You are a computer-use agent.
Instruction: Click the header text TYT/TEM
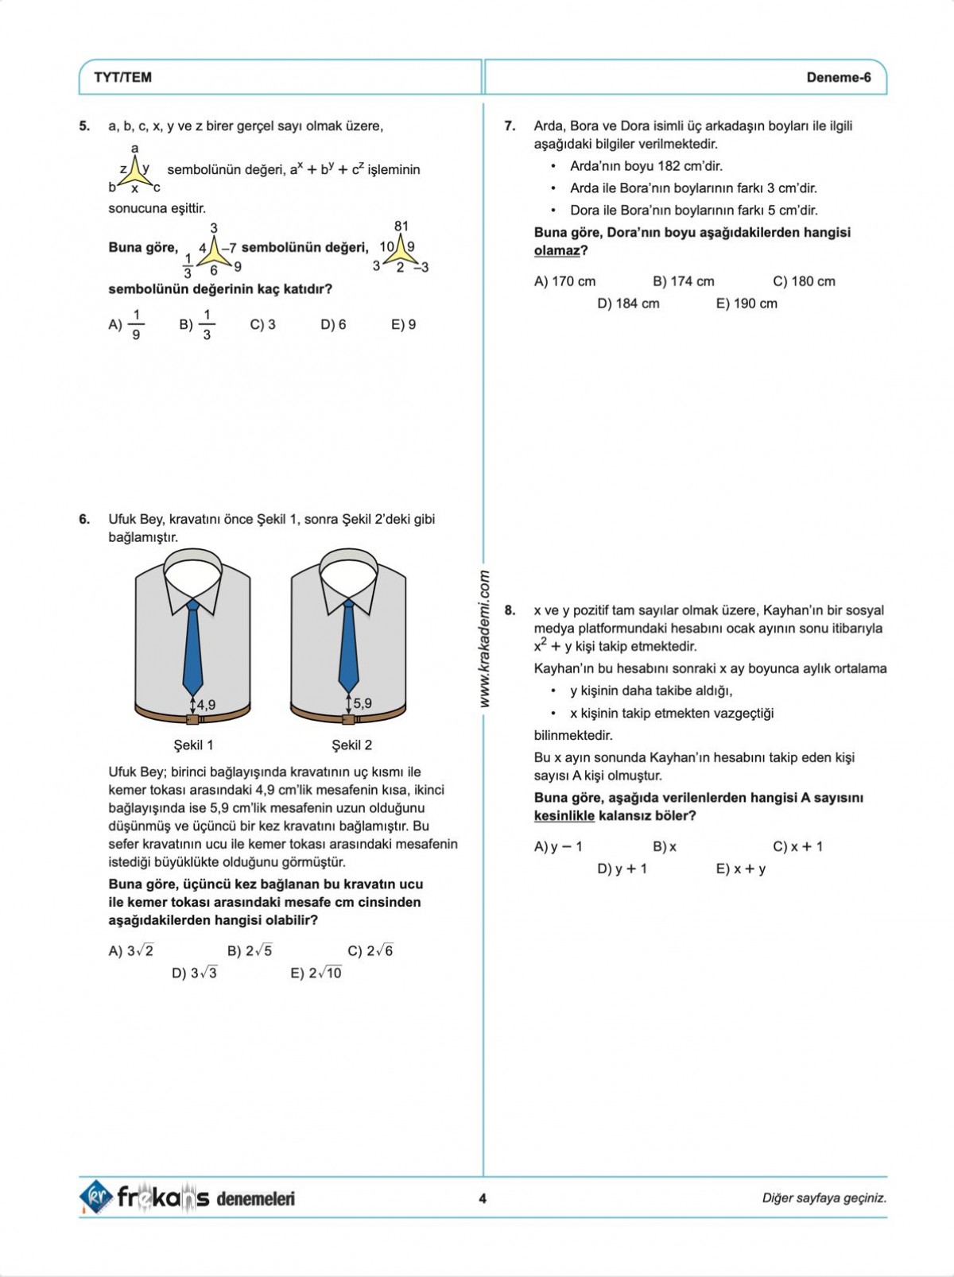click(122, 77)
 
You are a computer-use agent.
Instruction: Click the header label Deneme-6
click(838, 77)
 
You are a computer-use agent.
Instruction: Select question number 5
click(84, 126)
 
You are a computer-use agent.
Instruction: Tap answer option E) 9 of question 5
click(403, 324)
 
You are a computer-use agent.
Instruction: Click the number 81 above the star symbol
click(401, 226)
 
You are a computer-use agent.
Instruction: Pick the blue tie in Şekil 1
click(192, 647)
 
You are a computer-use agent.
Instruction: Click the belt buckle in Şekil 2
click(348, 720)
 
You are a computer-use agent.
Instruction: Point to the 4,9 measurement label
click(206, 704)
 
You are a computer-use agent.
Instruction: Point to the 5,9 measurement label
click(363, 703)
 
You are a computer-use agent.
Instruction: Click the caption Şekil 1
click(193, 745)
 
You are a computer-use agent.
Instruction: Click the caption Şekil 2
click(351, 745)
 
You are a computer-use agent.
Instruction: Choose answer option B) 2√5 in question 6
click(250, 950)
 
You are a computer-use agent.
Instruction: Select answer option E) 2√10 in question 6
click(316, 973)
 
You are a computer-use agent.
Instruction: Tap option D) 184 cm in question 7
click(628, 304)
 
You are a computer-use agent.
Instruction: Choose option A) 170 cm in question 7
click(564, 281)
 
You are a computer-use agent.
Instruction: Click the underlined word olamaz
click(556, 251)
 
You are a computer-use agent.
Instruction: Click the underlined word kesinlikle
click(564, 816)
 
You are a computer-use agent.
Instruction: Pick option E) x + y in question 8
click(740, 869)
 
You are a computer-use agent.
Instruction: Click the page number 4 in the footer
click(483, 1198)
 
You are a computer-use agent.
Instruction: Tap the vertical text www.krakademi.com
click(484, 639)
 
